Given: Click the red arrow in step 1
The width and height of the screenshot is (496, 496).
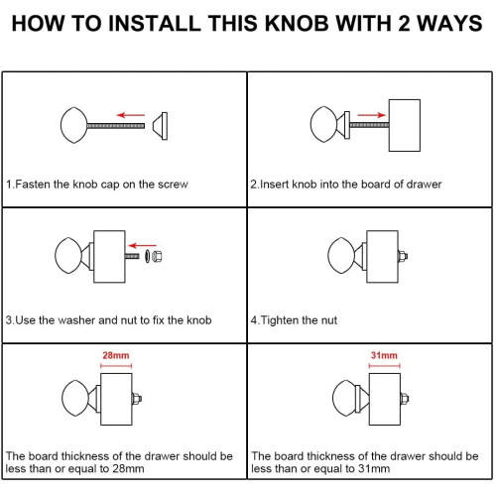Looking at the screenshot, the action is click(131, 115).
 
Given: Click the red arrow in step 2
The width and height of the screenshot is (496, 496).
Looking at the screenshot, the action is click(371, 115).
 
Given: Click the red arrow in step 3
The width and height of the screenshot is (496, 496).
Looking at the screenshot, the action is click(142, 245).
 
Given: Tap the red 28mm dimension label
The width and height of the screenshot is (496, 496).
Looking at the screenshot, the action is click(116, 355).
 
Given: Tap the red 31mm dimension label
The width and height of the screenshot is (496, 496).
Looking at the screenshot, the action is click(384, 355).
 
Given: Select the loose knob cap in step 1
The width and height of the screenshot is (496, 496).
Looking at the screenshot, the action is click(160, 126).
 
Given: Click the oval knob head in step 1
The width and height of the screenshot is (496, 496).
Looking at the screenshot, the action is click(74, 125).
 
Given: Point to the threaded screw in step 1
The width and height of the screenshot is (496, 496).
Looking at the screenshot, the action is click(116, 126).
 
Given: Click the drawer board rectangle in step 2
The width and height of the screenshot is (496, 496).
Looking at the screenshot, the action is click(405, 125).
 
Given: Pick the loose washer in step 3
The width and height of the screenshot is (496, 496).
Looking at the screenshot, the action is click(147, 256).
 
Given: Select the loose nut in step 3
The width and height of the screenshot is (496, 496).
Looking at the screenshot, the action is click(157, 256).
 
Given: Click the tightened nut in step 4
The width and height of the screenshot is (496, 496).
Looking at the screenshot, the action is click(403, 256).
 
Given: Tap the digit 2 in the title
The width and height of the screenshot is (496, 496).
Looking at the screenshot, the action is click(404, 24).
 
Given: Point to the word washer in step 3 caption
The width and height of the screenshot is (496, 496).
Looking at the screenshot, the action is click(76, 320).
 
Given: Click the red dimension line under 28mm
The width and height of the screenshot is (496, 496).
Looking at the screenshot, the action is click(116, 366).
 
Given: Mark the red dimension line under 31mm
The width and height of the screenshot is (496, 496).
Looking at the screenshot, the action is click(384, 366).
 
